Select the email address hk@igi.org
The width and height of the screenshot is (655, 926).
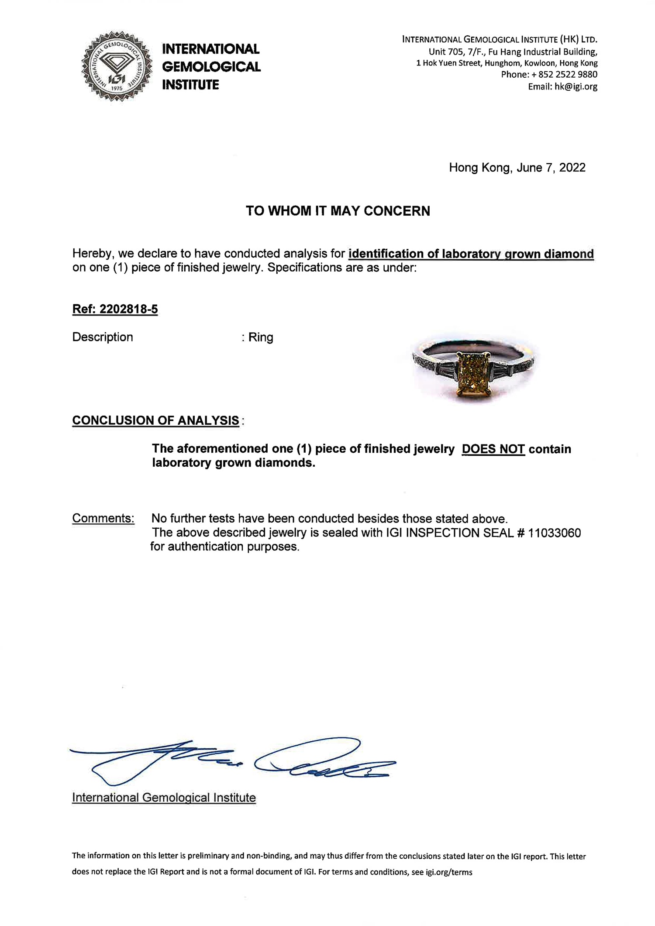[576, 86]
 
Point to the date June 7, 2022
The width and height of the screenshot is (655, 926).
[551, 168]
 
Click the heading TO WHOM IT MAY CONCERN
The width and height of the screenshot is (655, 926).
[338, 211]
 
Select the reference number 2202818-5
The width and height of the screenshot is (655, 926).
[129, 310]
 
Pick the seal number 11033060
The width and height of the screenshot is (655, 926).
[554, 533]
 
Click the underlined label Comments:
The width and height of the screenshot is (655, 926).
[103, 518]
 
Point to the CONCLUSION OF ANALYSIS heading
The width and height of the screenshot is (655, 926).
[155, 420]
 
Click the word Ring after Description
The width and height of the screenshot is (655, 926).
[261, 337]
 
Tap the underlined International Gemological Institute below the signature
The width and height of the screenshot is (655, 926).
[164, 798]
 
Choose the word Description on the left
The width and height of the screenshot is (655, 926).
[103, 337]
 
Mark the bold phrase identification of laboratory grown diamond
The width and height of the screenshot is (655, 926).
[471, 254]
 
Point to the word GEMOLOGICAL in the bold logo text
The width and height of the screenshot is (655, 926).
[211, 67]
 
